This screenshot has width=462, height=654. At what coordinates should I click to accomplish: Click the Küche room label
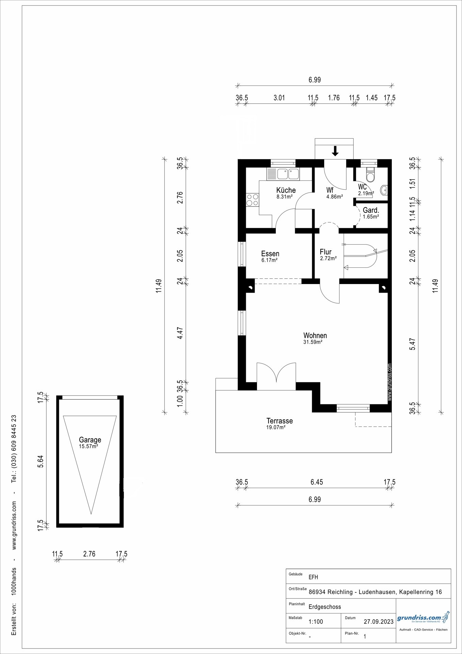click(x=286, y=190)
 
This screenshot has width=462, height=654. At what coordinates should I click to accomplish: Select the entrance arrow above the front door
click(x=335, y=151)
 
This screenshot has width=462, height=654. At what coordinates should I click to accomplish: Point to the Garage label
click(x=90, y=440)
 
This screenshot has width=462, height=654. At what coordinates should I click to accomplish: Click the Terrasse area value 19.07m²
click(x=276, y=427)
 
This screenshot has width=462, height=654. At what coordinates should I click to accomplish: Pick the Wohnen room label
click(x=315, y=336)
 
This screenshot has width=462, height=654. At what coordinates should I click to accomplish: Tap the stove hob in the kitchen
click(x=252, y=200)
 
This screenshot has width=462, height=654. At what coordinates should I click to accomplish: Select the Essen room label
click(x=270, y=253)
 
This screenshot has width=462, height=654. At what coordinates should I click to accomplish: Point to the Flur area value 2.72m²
click(x=329, y=258)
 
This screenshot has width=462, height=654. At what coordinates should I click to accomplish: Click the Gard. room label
click(x=371, y=210)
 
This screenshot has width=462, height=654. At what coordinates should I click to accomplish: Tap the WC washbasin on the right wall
click(x=384, y=190)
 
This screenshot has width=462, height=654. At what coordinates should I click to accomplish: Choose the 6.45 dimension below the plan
click(x=317, y=482)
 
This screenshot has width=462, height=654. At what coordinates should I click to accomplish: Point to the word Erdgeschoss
click(x=325, y=607)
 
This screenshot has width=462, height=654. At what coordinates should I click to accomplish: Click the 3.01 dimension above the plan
click(x=279, y=98)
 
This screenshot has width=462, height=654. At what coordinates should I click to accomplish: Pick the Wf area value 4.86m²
click(x=334, y=196)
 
